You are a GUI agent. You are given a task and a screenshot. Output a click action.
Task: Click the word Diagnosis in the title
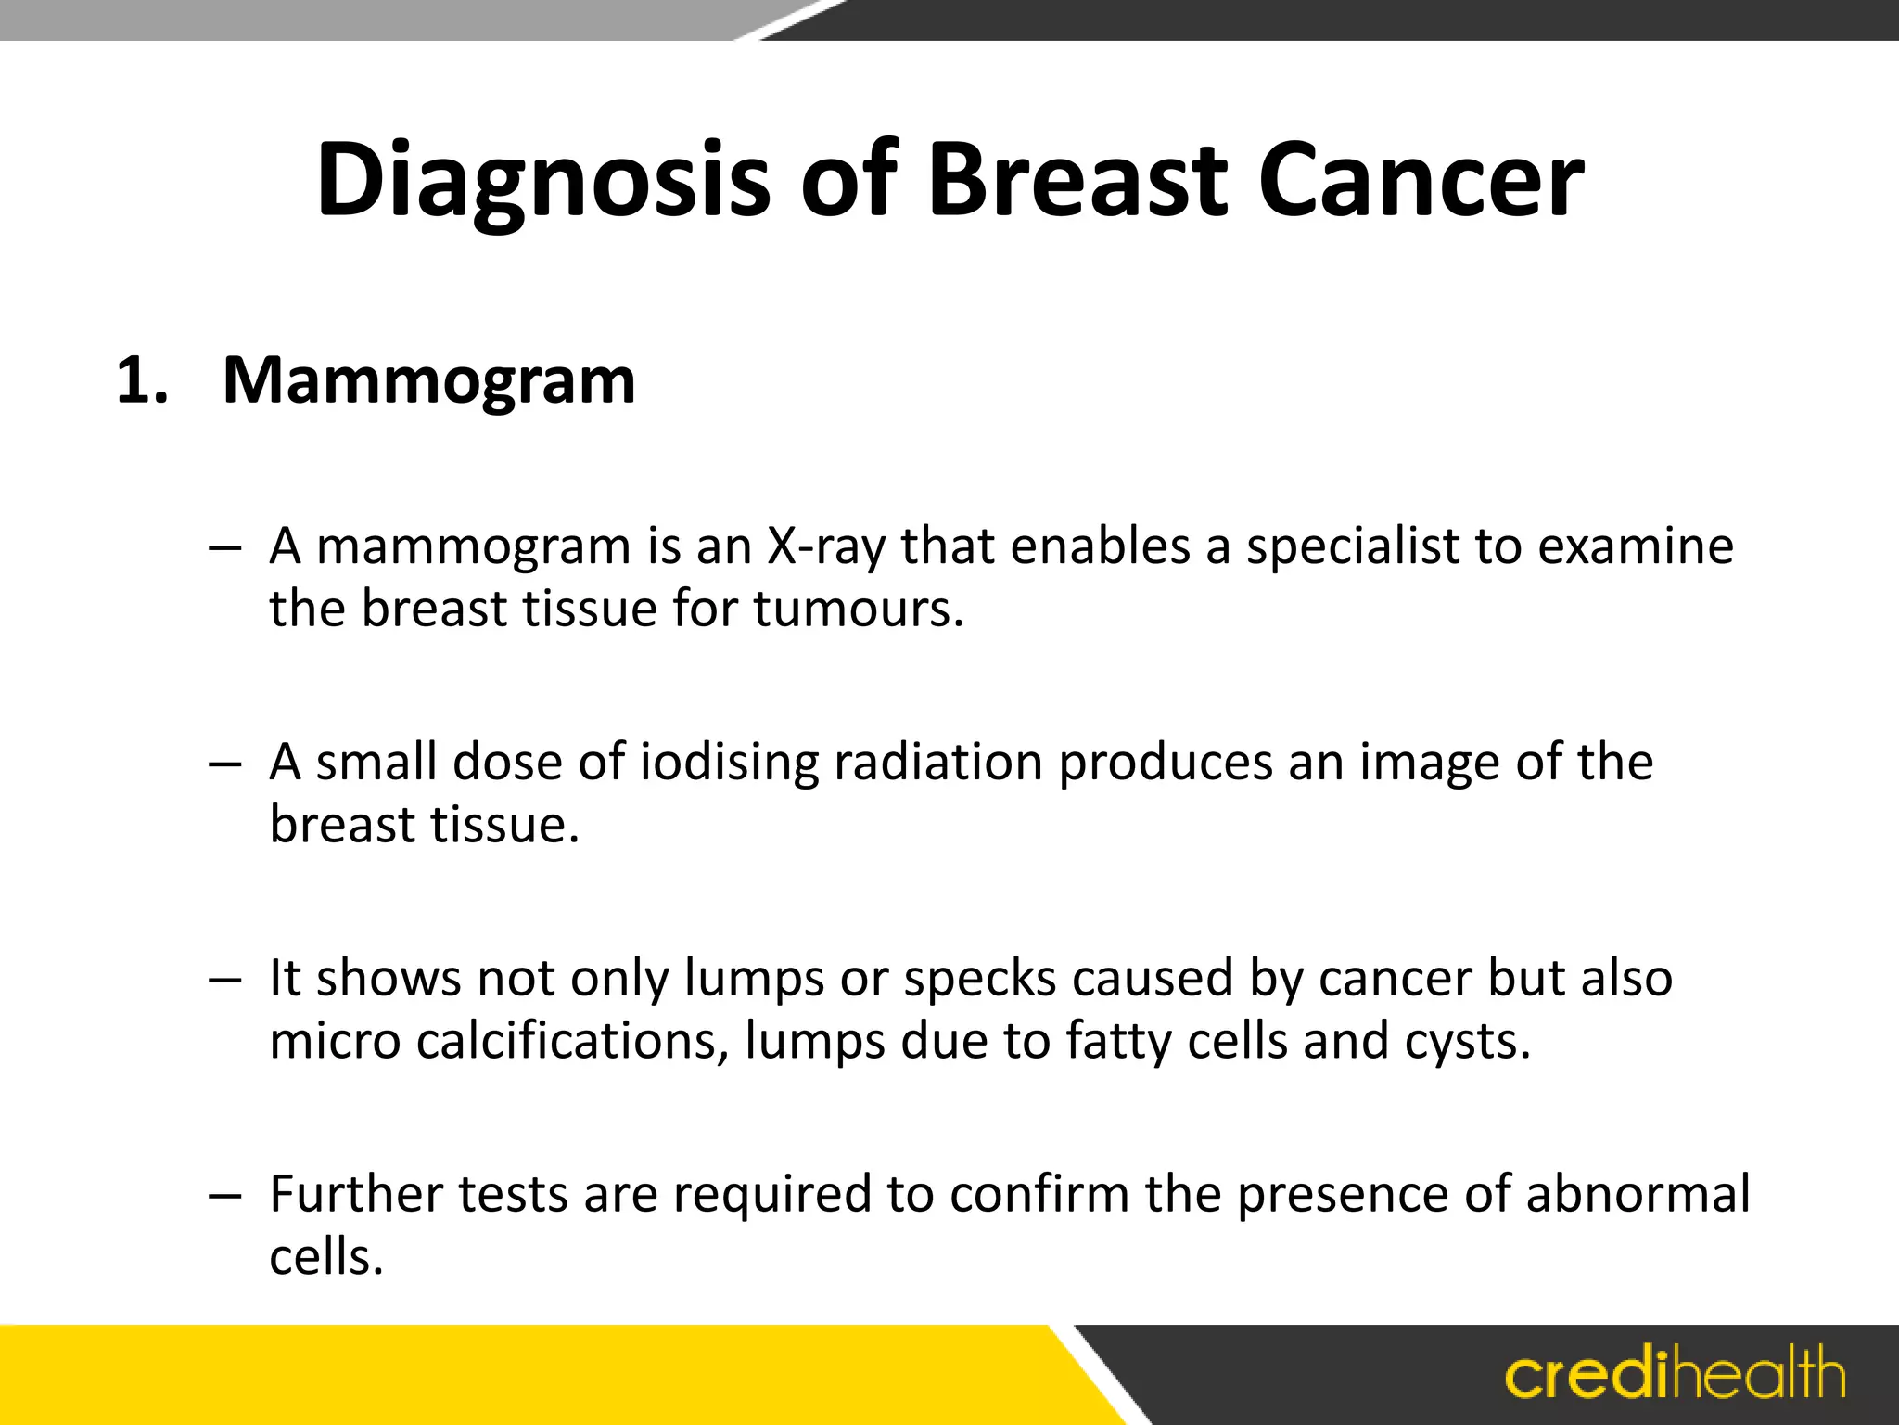[542, 181]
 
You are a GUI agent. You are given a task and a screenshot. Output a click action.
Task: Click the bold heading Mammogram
[428, 380]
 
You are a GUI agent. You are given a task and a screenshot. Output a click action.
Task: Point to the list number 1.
[142, 380]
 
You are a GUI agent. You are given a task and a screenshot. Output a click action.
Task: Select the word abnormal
[1638, 1194]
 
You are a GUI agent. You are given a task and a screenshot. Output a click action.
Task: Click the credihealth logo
[1675, 1375]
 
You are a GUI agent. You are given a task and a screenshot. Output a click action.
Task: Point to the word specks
[979, 979]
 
